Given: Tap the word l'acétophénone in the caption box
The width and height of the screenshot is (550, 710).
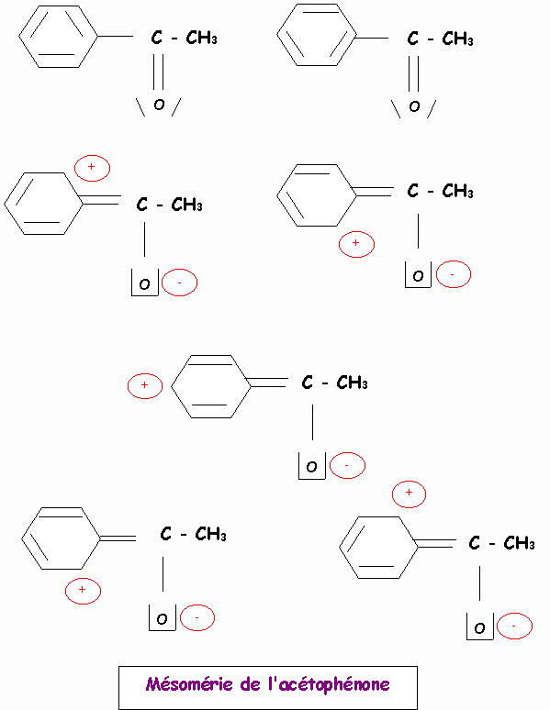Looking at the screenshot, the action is pos(330,684).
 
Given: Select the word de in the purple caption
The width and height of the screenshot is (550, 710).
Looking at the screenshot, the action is pos(251,683).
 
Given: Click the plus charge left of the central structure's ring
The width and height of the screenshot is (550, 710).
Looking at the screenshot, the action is pos(145,386).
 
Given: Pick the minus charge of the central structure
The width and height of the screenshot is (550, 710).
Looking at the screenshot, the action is pos(347,465).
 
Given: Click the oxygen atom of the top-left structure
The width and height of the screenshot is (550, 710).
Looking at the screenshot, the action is pos(159,105).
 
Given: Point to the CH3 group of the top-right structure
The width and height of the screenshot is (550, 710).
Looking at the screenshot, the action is pos(457,39).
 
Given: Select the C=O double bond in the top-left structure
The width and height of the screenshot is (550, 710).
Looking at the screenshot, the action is pos(158,72).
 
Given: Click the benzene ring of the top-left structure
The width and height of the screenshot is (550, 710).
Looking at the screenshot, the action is pos(58,37).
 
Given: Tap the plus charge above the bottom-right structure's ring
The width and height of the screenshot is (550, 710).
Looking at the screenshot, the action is pos(409,494).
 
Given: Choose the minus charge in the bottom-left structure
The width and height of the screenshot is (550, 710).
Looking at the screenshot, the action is pos(197,617).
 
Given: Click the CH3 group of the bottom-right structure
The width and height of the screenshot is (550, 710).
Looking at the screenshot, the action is pos(519,543).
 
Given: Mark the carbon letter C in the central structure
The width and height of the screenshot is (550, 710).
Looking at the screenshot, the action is pos(307,383).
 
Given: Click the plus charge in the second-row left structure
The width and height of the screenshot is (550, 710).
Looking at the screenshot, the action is pos(92,168).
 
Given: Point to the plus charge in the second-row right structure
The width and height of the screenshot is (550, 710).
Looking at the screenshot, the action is pos(356,245).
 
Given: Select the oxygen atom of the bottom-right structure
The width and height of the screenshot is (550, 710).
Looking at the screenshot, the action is pos(479,628).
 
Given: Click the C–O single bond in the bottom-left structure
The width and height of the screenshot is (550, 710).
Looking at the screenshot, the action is pos(163,574).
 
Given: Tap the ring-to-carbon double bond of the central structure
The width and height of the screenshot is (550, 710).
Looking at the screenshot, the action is pos(267,383).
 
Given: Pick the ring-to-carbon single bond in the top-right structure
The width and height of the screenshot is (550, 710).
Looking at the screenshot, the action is pos(372,38).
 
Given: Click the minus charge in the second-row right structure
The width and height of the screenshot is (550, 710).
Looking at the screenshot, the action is pos(454,274).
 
